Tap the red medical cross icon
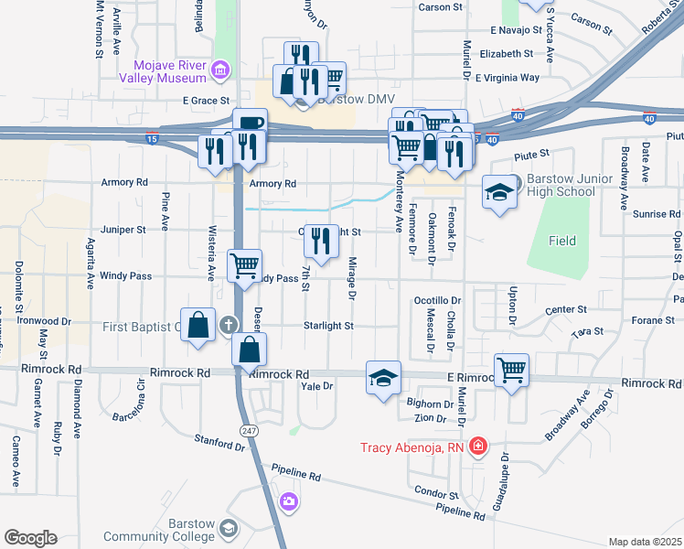477,447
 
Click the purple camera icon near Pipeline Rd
289,501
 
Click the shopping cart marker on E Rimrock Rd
511,370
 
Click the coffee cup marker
249,124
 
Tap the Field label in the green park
562,241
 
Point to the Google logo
30,538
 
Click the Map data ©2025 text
645,542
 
